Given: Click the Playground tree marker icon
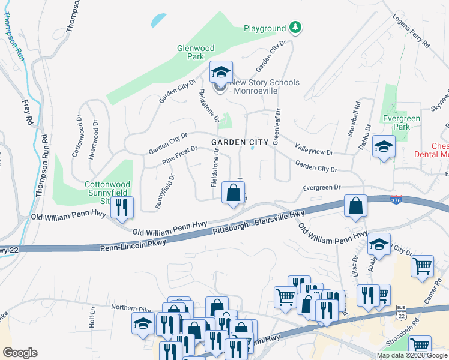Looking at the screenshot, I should pyautogui.click(x=295, y=27).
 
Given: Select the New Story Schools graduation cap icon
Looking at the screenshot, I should pyautogui.click(x=220, y=73).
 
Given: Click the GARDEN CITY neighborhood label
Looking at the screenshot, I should pyautogui.click(x=240, y=142).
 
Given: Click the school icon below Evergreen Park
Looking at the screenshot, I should pyautogui.click(x=382, y=146).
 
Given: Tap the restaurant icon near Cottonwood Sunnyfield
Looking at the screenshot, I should pyautogui.click(x=122, y=208).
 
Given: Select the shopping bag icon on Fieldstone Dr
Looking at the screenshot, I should pyautogui.click(x=233, y=193).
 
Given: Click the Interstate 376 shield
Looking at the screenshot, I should pyautogui.click(x=395, y=200).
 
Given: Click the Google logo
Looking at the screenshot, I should pyautogui.click(x=20, y=353).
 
